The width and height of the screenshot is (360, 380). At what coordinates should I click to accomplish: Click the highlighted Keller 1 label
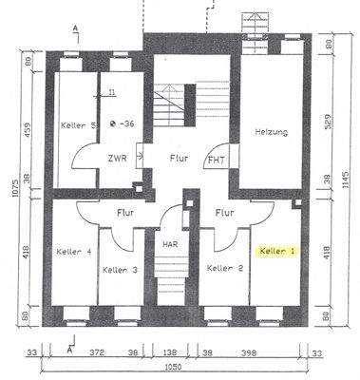click(277, 251)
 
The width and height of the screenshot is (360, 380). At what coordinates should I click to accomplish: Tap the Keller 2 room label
click(225, 269)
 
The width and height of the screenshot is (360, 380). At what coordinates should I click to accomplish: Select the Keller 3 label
click(120, 270)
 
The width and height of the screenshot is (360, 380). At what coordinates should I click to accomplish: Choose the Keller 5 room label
click(79, 125)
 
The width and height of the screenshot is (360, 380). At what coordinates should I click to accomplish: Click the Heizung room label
click(271, 132)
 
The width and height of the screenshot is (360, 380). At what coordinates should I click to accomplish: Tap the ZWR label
click(117, 159)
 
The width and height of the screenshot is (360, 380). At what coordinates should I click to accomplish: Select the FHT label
click(217, 160)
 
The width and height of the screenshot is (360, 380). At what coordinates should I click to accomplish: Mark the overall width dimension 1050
click(171, 367)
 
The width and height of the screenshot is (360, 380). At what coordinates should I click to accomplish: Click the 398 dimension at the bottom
click(252, 351)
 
